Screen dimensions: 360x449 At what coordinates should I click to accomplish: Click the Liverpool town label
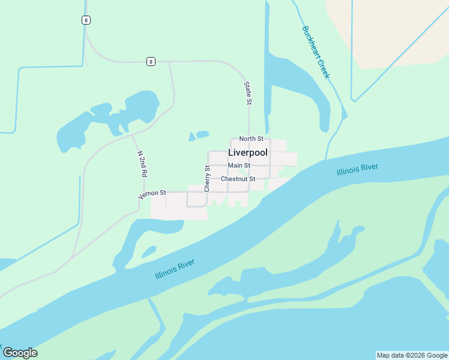pos(247,153)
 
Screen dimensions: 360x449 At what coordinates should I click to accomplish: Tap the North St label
pos(251,139)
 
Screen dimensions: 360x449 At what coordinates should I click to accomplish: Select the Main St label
pos(239,166)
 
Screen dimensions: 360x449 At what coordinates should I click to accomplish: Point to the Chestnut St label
pos(238,179)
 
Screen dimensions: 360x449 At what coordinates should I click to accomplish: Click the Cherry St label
pos(207,179)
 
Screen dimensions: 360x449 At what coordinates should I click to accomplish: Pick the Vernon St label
pos(152,194)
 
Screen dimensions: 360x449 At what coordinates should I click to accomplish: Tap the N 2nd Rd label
pos(142,163)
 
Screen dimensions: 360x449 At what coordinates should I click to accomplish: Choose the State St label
pos(248,93)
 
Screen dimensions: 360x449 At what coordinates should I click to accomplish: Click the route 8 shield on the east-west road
pos(150,61)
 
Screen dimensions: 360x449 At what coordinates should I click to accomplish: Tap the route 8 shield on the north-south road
pos(86,20)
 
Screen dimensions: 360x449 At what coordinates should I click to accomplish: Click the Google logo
pos(20,353)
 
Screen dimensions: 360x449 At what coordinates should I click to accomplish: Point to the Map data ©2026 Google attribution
pos(411,355)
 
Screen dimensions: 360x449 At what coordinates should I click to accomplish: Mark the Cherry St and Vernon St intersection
pos(208,193)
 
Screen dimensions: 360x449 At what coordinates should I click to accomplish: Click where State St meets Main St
pos(249,166)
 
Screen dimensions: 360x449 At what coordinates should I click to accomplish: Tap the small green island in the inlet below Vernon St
pos(148,252)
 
